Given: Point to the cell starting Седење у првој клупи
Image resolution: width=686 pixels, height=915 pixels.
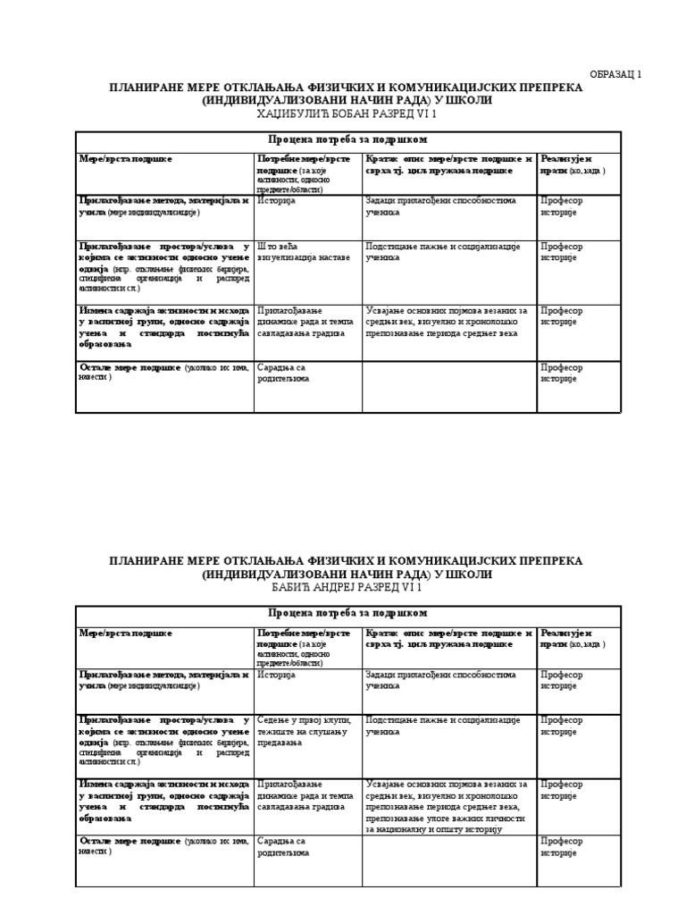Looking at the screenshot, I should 304,726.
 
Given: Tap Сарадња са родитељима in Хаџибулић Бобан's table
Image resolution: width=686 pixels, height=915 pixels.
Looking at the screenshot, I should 282,373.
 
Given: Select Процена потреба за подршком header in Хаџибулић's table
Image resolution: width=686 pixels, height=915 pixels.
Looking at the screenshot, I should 347,140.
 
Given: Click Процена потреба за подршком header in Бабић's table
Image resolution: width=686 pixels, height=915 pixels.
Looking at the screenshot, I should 347,613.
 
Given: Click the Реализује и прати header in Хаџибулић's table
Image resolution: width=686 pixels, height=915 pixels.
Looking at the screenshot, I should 573,164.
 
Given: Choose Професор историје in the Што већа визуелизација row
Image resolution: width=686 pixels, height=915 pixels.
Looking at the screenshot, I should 561,252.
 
